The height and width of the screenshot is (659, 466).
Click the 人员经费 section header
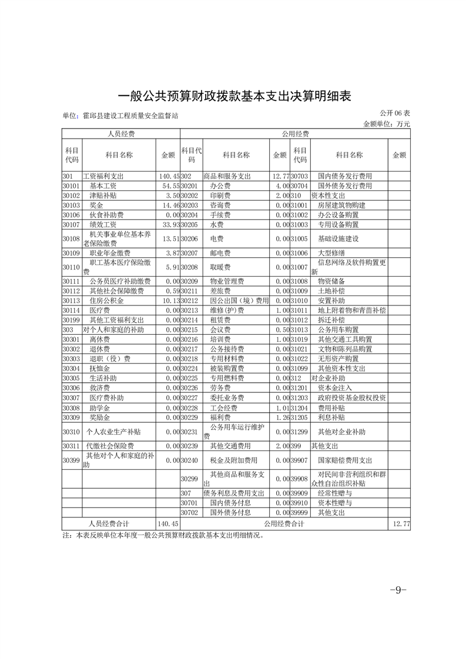120,134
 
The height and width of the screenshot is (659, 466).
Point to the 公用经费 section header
295,134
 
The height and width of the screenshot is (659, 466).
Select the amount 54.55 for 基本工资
167,186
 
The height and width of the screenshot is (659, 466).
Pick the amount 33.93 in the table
167,224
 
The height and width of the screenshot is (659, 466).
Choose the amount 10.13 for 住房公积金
167,301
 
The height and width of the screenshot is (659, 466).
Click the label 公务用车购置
338,330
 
